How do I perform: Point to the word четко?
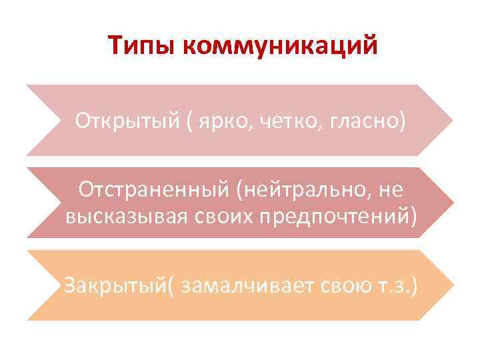coord(275,122)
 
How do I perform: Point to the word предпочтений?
coord(326,216)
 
